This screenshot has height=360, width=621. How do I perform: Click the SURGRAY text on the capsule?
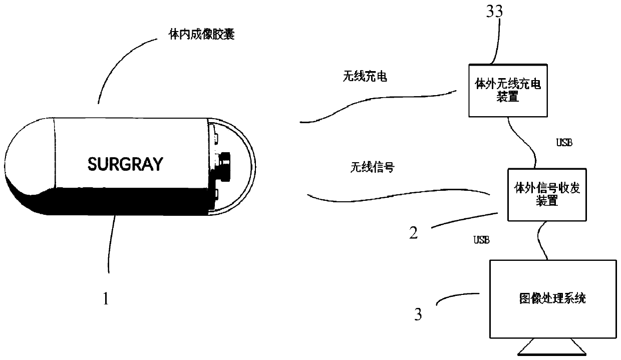pyautogui.click(x=125, y=164)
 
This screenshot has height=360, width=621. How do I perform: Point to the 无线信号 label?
pyautogui.click(x=371, y=167)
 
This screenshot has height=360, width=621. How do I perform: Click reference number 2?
pyautogui.click(x=413, y=233)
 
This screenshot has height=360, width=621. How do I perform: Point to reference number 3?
pyautogui.click(x=418, y=315)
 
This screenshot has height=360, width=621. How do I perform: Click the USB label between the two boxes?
pyautogui.click(x=564, y=143)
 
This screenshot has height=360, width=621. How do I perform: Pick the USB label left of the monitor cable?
pyautogui.click(x=481, y=240)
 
